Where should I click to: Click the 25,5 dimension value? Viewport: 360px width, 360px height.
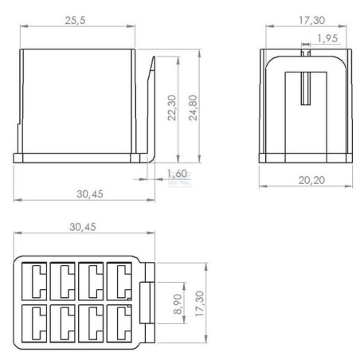tap(75, 20)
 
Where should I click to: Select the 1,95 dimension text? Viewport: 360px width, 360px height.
tap(327, 38)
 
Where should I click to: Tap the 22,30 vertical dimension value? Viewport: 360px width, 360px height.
tap(172, 108)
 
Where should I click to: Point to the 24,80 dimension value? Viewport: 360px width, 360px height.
tap(193, 108)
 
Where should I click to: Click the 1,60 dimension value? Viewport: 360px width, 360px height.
tap(178, 174)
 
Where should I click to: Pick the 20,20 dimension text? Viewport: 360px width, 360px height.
tap(311, 180)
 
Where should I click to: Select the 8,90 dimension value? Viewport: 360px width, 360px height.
tap(178, 304)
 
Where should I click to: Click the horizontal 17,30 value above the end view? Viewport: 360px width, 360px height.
tap(312, 20)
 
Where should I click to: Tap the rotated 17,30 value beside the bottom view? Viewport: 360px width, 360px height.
tap(199, 303)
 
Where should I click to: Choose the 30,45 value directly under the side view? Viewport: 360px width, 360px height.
tap(90, 194)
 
